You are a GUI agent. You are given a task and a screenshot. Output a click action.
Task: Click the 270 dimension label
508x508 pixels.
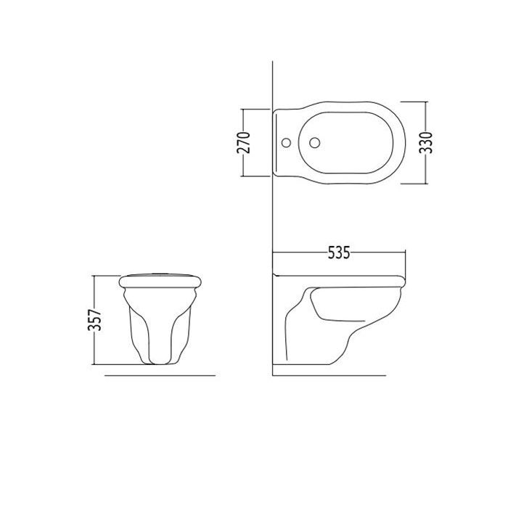tap(244, 142)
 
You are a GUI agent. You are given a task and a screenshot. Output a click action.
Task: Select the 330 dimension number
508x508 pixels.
tap(426, 142)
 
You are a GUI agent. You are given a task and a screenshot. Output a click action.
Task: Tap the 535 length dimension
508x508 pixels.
tap(339, 253)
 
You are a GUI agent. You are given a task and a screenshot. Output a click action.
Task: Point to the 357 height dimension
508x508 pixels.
tap(95, 320)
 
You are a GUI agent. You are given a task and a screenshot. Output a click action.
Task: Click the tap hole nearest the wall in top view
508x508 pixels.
tap(286, 142)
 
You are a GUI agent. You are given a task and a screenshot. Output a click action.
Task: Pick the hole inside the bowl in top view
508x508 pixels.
tap(315, 142)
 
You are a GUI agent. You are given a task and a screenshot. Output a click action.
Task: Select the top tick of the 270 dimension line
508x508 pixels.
tap(255, 109)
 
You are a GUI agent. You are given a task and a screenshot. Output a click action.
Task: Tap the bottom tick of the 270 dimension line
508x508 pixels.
tap(255, 176)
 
